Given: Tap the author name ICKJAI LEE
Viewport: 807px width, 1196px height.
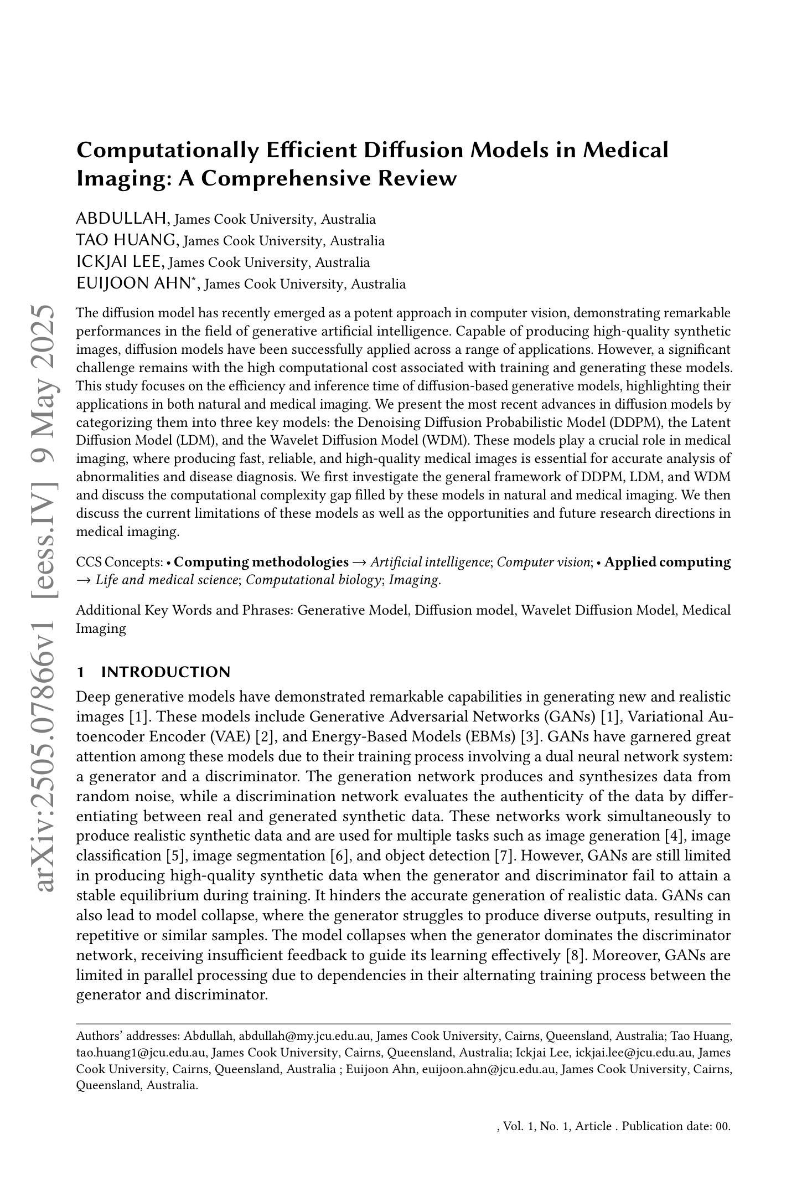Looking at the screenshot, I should tap(119, 262).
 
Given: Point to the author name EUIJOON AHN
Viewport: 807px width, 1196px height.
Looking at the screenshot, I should tap(133, 283).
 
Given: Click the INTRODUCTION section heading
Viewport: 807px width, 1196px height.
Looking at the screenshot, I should tap(165, 672).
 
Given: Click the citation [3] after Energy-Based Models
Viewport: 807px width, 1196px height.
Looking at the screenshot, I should tap(530, 736).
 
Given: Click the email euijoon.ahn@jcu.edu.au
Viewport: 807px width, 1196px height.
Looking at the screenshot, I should tap(489, 1069).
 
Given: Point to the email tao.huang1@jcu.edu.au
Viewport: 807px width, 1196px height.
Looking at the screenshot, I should tap(141, 1053).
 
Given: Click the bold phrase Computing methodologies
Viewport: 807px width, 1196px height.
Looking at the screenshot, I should tap(261, 562).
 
